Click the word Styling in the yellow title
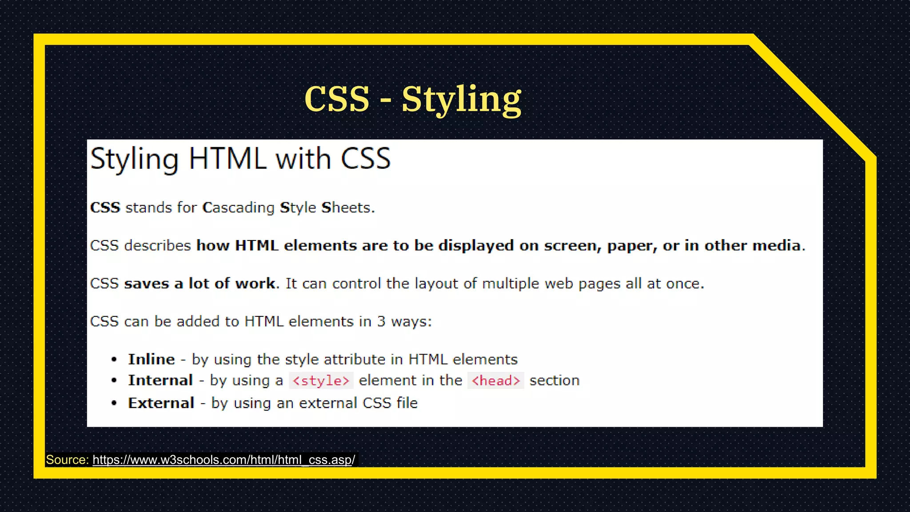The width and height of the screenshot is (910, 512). coord(461,100)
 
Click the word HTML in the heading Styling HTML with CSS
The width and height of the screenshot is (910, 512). coord(227,158)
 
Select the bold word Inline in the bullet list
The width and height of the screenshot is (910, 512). coord(152,359)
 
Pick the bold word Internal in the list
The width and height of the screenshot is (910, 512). coord(160,380)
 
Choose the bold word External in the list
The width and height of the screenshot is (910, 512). coord(161,403)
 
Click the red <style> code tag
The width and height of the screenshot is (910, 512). coord(321,381)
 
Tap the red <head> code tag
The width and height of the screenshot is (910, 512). coord(495,381)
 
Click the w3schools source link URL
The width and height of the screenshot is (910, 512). coord(224,460)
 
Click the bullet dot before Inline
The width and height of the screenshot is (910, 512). coord(114,359)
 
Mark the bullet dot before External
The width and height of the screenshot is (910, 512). coord(114,403)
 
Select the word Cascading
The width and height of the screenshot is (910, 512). coord(239,208)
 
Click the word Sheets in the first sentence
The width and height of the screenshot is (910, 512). coord(347,208)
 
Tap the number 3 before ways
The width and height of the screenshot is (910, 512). coord(381,321)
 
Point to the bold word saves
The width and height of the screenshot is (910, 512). coord(147,284)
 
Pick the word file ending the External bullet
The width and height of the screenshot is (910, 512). coord(407,403)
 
